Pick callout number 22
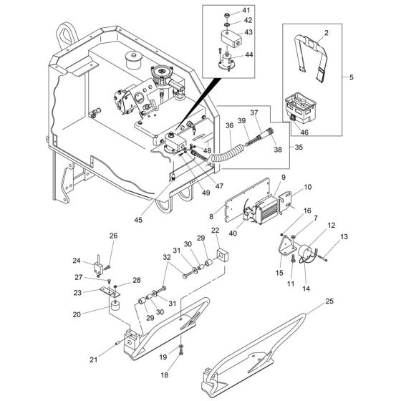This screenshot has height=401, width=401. [215, 230]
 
